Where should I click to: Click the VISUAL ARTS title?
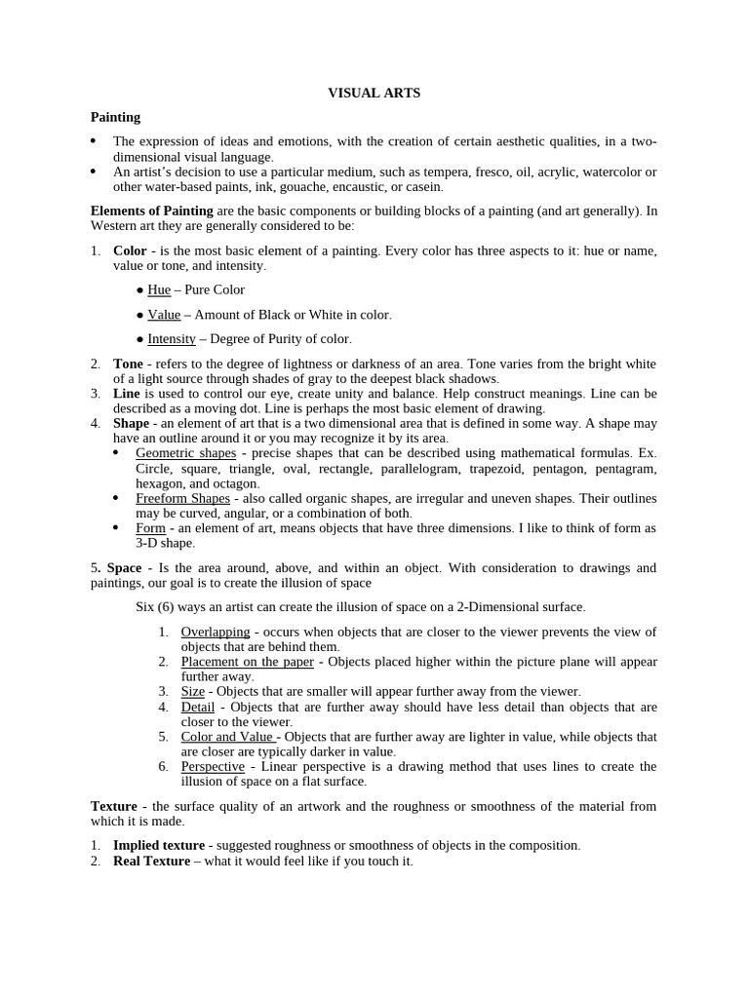click(x=374, y=93)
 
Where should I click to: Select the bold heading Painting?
click(x=115, y=117)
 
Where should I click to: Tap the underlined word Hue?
click(x=159, y=289)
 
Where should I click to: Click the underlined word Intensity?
click(x=172, y=339)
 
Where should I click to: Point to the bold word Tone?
click(x=128, y=364)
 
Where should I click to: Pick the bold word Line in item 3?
click(x=127, y=394)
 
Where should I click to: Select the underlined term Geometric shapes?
click(x=185, y=453)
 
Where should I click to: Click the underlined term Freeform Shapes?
click(x=182, y=498)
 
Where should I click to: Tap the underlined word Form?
click(x=150, y=528)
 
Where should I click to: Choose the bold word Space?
click(x=124, y=567)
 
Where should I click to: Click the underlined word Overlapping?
click(x=216, y=632)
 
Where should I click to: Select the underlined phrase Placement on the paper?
click(x=248, y=662)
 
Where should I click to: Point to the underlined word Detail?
click(x=198, y=707)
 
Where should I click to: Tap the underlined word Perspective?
click(x=213, y=766)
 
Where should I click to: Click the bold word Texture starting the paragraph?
click(x=114, y=806)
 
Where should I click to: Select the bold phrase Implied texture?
click(x=159, y=845)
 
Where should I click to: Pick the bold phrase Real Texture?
click(x=151, y=861)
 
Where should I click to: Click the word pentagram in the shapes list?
click(x=626, y=469)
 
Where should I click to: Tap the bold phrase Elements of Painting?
click(x=152, y=211)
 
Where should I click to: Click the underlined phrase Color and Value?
click(x=226, y=737)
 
